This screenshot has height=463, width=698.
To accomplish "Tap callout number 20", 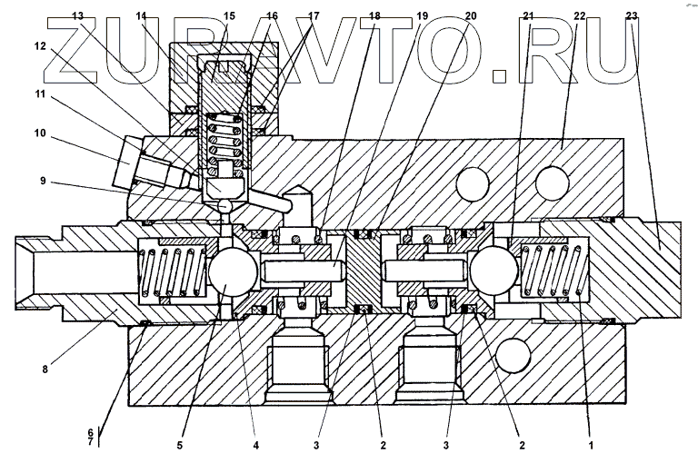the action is coord(470,16).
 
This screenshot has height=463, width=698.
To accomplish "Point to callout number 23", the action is coord(633,16).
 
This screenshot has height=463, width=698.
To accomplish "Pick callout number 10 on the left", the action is coord(40,133).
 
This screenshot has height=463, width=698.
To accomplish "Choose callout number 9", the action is coord(42,180).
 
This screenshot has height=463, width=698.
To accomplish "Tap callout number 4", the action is coord(256,446).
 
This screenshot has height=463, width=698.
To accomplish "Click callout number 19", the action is coord(422,16).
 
